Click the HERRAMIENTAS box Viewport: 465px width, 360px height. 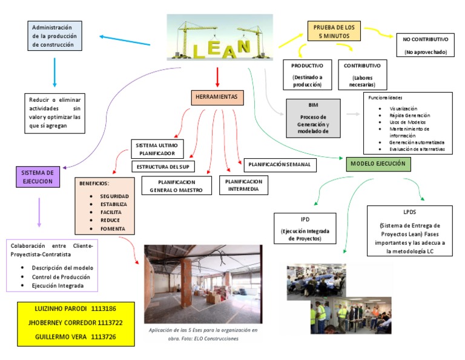[216, 97]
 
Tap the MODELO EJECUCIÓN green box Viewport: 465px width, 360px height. [379, 164]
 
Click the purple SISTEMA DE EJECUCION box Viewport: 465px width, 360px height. [38, 176]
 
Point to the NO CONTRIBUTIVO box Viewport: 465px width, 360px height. [425, 45]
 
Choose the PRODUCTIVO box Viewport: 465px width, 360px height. [307, 75]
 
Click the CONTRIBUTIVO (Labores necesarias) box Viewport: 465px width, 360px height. [362, 75]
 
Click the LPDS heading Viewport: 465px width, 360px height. [409, 213]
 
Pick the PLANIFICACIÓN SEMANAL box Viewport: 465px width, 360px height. [279, 164]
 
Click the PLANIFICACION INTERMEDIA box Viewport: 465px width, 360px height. [243, 185]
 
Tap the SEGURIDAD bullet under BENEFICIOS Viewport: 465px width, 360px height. [114, 197]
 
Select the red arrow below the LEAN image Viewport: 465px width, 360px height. [217, 76]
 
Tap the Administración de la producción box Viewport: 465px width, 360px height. [55, 36]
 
